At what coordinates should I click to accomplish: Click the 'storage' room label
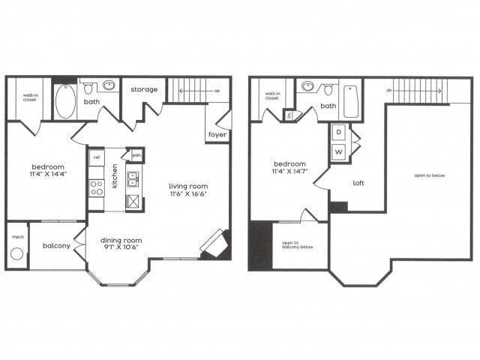click(144, 89)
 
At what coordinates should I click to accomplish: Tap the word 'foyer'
click(217, 136)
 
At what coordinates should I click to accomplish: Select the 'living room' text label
click(187, 186)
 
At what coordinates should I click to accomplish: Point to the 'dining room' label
click(121, 241)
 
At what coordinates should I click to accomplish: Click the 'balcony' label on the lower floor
click(56, 245)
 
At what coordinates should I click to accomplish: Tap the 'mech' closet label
click(17, 236)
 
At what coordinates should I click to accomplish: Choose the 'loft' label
click(358, 182)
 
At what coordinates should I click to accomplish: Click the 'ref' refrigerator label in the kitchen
click(96, 157)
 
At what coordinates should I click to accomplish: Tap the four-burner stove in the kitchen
click(96, 187)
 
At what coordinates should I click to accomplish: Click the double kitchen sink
click(132, 178)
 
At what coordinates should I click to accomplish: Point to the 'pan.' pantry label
click(136, 157)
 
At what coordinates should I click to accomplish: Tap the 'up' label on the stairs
click(217, 90)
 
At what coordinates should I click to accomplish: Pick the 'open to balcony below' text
click(298, 247)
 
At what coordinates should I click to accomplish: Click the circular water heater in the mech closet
click(17, 253)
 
